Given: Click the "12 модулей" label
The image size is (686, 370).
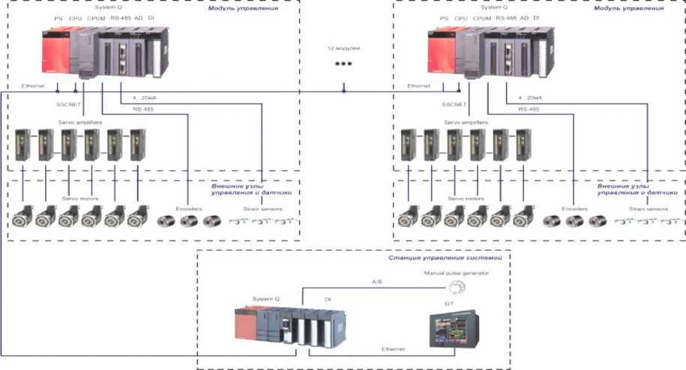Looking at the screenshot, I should (340, 48).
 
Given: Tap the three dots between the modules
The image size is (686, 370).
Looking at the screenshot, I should (343, 64).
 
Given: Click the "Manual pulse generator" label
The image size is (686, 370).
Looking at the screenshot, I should (456, 273).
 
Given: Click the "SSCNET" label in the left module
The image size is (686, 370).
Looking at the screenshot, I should (68, 104).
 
